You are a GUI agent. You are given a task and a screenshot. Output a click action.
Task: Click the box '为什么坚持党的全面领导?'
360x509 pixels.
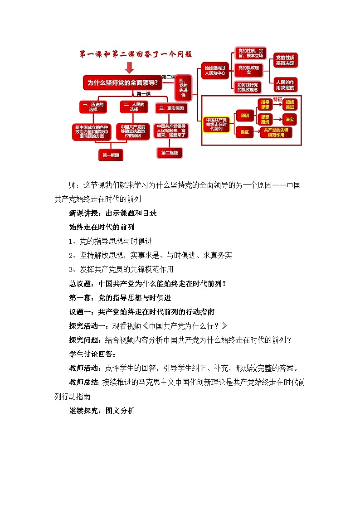(x=122, y=82)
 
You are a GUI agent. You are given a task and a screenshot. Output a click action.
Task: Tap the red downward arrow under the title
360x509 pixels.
(x=129, y=67)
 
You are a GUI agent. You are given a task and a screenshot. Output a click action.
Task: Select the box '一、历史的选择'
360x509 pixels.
(x=93, y=107)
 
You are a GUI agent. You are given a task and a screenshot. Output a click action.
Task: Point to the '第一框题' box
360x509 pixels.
(x=111, y=155)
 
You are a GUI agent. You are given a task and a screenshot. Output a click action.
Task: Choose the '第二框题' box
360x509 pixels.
(x=170, y=153)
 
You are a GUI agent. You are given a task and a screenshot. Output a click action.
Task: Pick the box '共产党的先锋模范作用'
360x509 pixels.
(x=277, y=132)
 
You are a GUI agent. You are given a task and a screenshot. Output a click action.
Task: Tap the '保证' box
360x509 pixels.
(x=245, y=132)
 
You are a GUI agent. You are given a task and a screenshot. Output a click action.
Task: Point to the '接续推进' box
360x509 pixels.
(x=290, y=104)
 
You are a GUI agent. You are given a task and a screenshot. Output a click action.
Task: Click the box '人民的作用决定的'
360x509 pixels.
(x=285, y=84)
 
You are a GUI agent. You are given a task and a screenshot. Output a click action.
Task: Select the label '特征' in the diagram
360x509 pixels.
(x=278, y=99)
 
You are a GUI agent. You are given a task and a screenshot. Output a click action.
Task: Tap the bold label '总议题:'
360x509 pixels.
(x=83, y=284)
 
